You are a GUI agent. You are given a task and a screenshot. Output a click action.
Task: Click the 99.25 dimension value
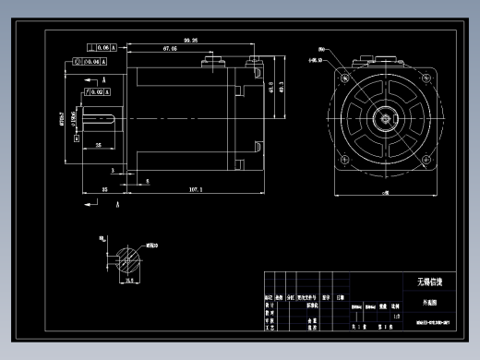(191, 41)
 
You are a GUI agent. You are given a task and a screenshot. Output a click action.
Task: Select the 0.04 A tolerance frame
(87, 63)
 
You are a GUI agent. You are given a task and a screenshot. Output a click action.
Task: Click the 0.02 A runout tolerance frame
(95, 93)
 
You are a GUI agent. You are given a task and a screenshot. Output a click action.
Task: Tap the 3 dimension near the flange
(114, 171)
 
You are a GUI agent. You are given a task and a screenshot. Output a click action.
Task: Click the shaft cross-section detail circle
(129, 255)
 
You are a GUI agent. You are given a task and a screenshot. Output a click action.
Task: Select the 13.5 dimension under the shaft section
(129, 279)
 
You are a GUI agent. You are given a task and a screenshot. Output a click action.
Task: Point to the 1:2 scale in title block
(395, 315)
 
